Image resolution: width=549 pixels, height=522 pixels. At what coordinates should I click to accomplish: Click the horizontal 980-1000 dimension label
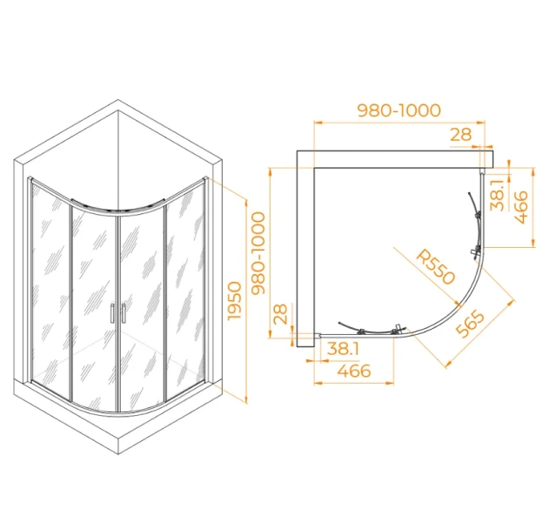pos(398,110)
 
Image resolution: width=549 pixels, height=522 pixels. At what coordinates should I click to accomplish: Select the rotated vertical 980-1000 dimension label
pos(259,253)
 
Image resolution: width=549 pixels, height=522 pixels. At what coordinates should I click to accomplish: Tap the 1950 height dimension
pos(235,301)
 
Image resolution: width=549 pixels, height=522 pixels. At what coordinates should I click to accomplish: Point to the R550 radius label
pos(436,267)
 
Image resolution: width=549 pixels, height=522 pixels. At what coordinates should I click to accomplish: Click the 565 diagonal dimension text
pos(471,325)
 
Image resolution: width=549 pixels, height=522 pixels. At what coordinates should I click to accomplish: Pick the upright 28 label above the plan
pos(461,135)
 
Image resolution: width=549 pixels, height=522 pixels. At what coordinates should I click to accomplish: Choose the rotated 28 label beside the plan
pos(280,314)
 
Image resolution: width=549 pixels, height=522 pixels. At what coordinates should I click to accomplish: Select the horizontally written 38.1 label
pos(343,349)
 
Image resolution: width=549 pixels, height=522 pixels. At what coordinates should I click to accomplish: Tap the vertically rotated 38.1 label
pos(497,194)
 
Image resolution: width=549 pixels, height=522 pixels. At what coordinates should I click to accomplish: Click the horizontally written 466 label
pos(354,371)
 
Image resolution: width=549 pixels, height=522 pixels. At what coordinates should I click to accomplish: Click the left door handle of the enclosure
pos(112,312)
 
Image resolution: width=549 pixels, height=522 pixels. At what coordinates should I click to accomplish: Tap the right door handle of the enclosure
pos(124,312)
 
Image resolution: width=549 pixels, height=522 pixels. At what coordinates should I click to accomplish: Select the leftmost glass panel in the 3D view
pos(50,291)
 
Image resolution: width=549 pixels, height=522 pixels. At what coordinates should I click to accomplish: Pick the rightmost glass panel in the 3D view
pos(185,291)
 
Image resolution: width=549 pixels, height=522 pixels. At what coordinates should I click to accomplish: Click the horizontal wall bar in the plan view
pos(395,159)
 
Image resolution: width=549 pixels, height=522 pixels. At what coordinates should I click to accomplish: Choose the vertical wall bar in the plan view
pos(305,249)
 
